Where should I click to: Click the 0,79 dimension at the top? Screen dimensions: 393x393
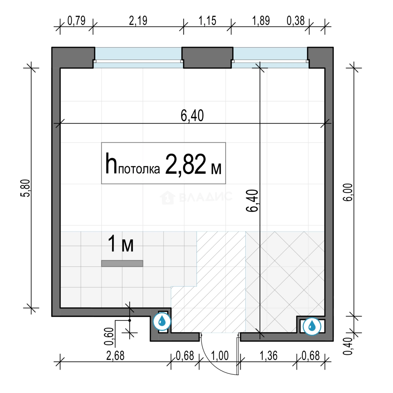tap(76, 20)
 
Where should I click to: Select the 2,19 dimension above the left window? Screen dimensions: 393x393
tap(138, 20)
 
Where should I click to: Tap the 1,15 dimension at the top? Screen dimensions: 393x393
tap(207, 20)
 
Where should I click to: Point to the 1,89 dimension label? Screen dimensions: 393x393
tap(261, 20)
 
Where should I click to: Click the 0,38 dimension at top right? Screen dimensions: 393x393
tap(295, 20)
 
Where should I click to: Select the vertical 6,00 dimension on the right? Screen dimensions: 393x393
tap(348, 192)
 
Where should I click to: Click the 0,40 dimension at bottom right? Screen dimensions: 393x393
tap(348, 346)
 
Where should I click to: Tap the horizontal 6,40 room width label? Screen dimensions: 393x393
tap(192, 116)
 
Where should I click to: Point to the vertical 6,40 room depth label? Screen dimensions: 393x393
tap(252, 201)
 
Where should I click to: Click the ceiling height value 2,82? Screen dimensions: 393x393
tap(186, 164)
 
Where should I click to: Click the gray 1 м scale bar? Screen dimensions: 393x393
tap(122, 263)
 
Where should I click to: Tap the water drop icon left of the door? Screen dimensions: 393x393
tap(162, 321)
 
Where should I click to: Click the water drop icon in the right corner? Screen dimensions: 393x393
tap(312, 326)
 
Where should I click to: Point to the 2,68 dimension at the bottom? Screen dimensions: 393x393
tap(115, 356)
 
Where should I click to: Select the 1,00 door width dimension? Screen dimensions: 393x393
tap(220, 356)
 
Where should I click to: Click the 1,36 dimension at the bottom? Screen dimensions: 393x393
tap(269, 356)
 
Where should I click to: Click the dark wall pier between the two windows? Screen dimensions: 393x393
tap(207, 57)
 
